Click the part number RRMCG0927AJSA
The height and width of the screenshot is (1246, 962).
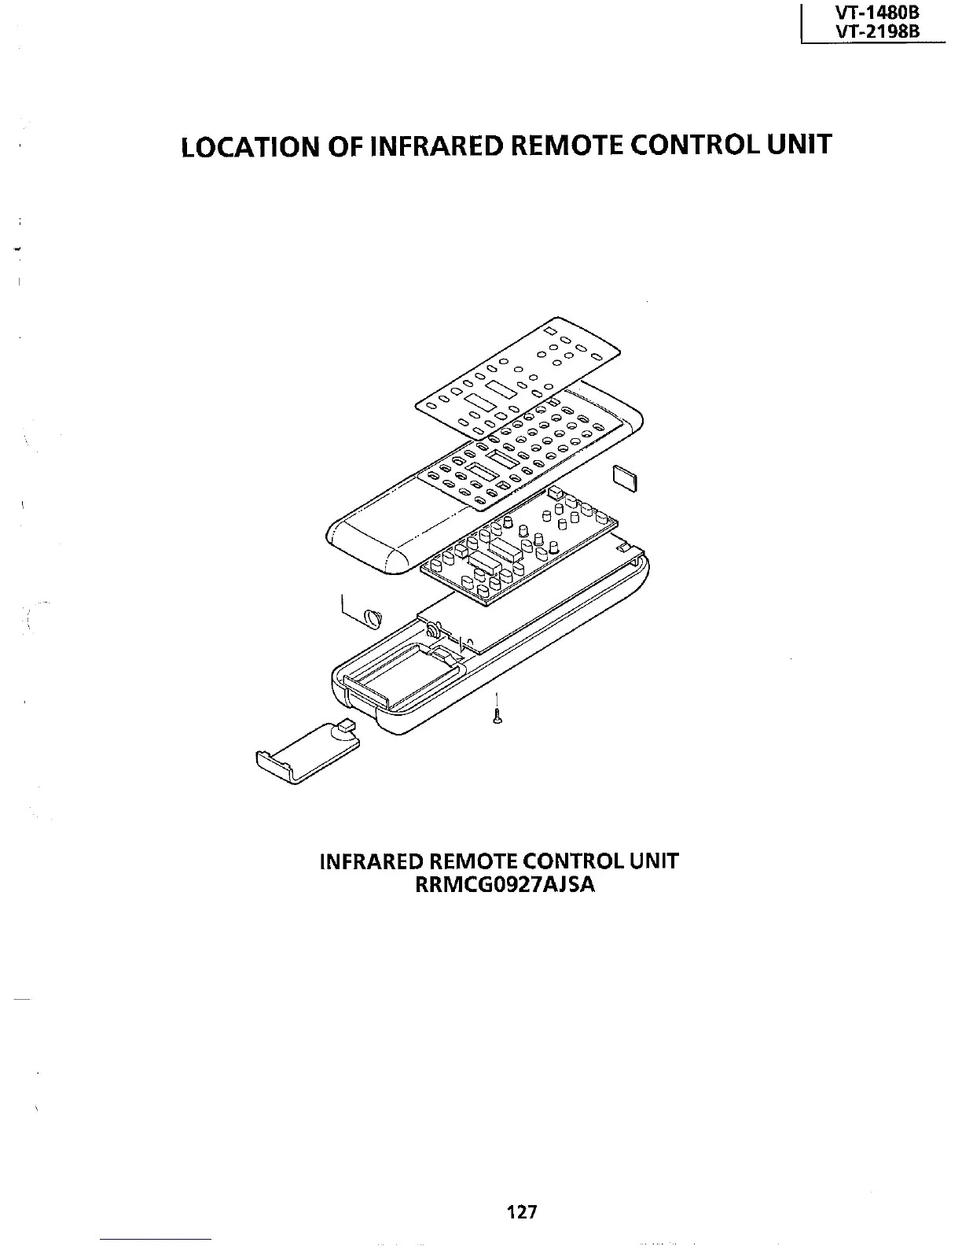(500, 885)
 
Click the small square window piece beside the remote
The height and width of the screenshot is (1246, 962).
(626, 477)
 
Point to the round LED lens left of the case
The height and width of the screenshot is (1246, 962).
(372, 617)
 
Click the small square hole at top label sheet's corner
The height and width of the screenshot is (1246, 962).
(550, 329)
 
